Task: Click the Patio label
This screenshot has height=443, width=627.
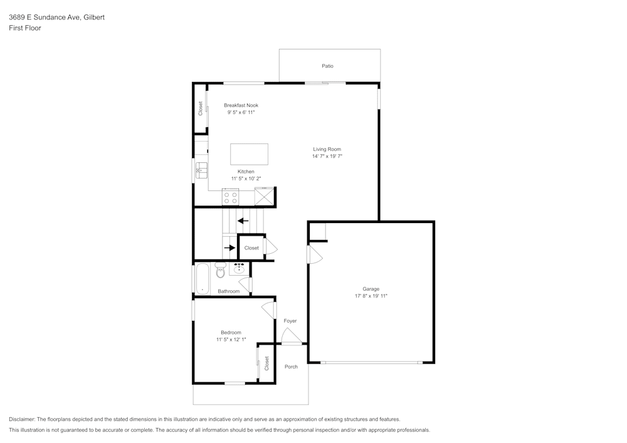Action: (x=327, y=66)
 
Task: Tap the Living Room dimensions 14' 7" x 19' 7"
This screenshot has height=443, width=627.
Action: (x=327, y=157)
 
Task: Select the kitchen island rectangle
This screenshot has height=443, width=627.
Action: (x=249, y=154)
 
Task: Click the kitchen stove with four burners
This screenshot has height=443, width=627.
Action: (x=231, y=198)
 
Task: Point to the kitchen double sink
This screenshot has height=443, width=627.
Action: (x=201, y=169)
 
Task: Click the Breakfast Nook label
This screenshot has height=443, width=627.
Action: (x=241, y=105)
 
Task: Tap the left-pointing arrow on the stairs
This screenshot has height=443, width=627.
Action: (x=243, y=221)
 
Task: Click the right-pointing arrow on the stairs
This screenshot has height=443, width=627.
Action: (x=230, y=248)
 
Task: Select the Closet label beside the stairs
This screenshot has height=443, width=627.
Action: (x=251, y=248)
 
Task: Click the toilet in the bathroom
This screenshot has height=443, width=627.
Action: (x=220, y=271)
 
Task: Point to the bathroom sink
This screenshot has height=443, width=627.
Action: (x=238, y=269)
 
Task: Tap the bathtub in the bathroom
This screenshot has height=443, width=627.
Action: (x=202, y=279)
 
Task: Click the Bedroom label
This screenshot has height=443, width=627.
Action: (x=231, y=333)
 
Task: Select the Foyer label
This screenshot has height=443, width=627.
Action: (x=290, y=321)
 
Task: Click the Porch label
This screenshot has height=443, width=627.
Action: (x=291, y=367)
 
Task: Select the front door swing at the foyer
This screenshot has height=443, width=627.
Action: (x=290, y=338)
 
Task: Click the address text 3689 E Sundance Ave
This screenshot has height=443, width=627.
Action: (x=44, y=18)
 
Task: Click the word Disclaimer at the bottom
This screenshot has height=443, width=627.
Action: (x=22, y=419)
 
